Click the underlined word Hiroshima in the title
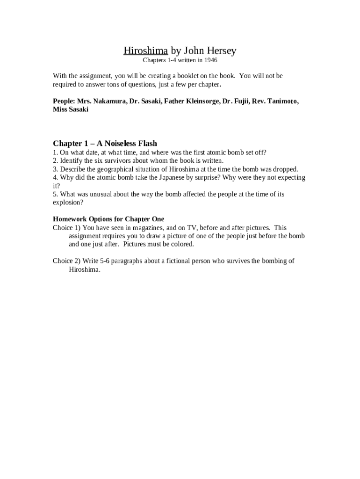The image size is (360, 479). coord(145,51)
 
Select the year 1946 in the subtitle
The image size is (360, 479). coord(210,60)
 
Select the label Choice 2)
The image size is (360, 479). coord(67,261)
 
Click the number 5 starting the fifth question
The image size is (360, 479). coord(55,194)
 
